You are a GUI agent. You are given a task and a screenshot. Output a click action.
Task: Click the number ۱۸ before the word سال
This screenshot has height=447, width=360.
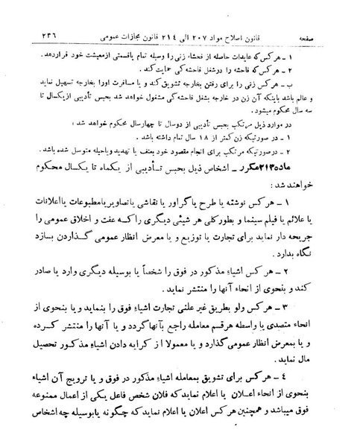click(x=182, y=138)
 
